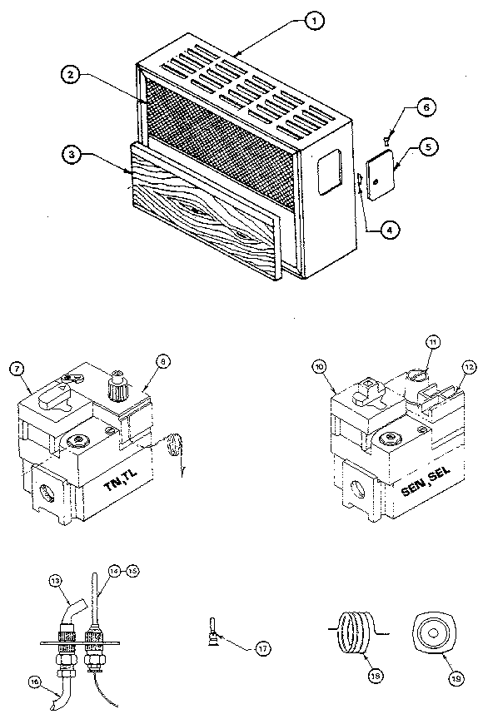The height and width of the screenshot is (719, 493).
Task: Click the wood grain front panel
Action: pyautogui.click(x=200, y=216)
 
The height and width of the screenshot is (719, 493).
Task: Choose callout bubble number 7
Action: pyautogui.click(x=17, y=369)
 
